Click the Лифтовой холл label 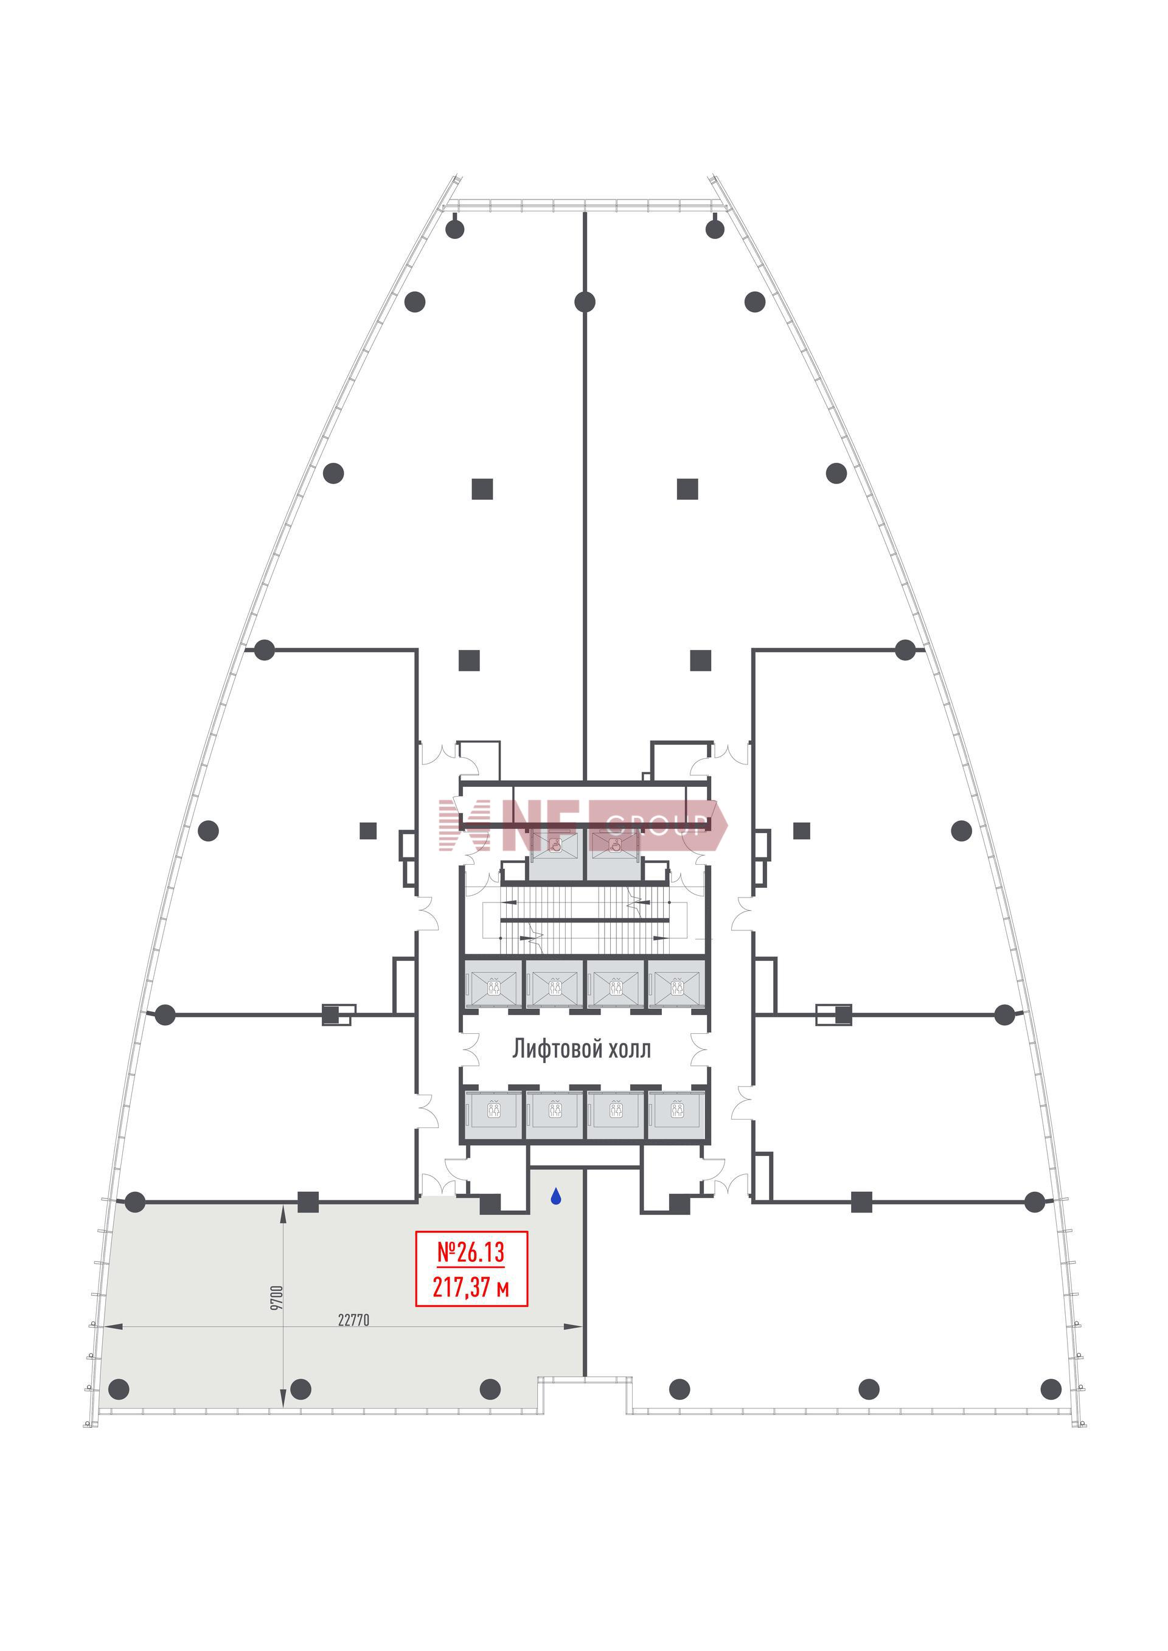[581, 1049]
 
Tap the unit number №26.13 [471, 1252]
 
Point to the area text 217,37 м [471, 1287]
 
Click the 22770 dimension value [353, 1320]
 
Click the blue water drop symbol [555, 1197]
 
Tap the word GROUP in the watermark [655, 825]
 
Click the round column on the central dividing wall [585, 302]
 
